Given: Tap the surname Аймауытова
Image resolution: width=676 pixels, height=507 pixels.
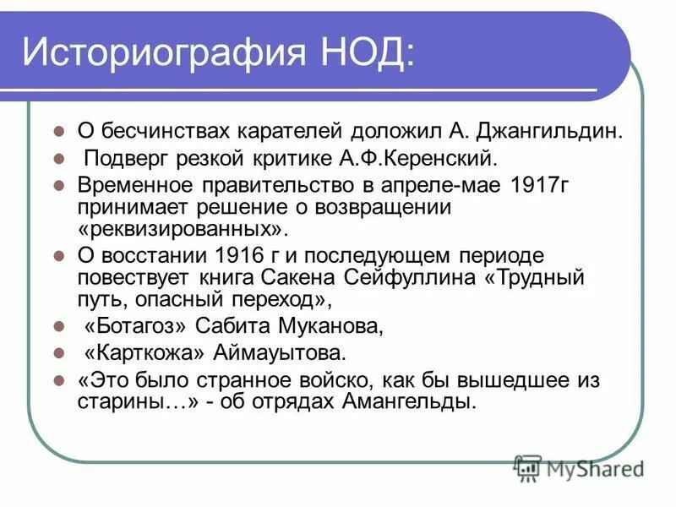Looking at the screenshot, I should [292, 351].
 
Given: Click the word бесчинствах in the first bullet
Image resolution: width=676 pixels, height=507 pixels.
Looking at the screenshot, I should [155, 131].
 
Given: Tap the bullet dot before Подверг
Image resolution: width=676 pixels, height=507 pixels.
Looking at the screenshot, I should [58, 159].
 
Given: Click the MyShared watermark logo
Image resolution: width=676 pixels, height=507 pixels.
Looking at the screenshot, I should [579, 467].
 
